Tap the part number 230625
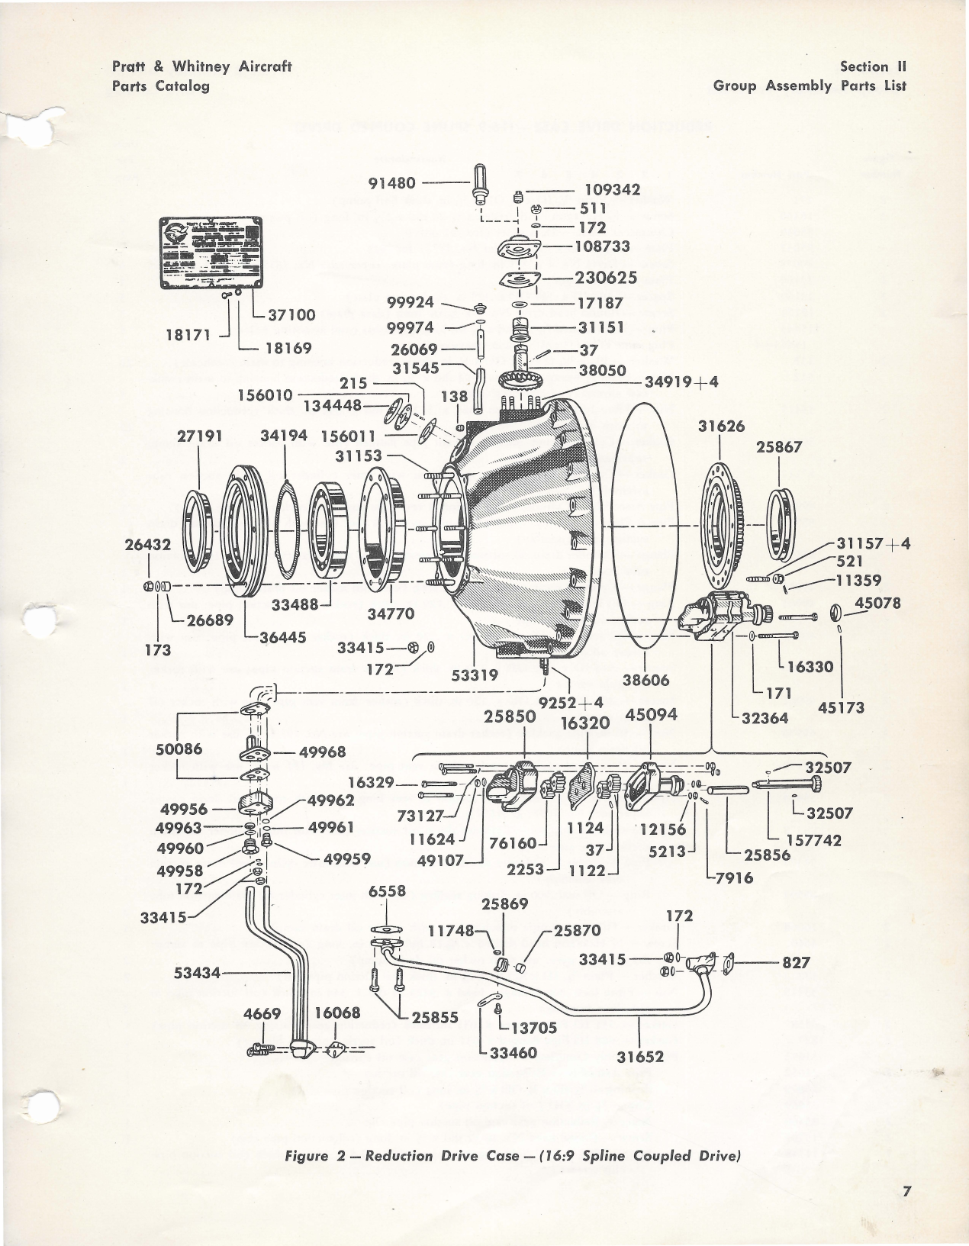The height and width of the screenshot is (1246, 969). pyautogui.click(x=607, y=278)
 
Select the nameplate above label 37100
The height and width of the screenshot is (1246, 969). pyautogui.click(x=210, y=253)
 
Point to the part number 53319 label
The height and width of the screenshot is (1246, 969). pyautogui.click(x=475, y=675)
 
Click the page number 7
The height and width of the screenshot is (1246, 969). pyautogui.click(x=907, y=1191)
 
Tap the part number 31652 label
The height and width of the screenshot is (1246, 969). pyautogui.click(x=639, y=1056)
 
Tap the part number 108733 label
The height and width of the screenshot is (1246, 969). pyautogui.click(x=603, y=246)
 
